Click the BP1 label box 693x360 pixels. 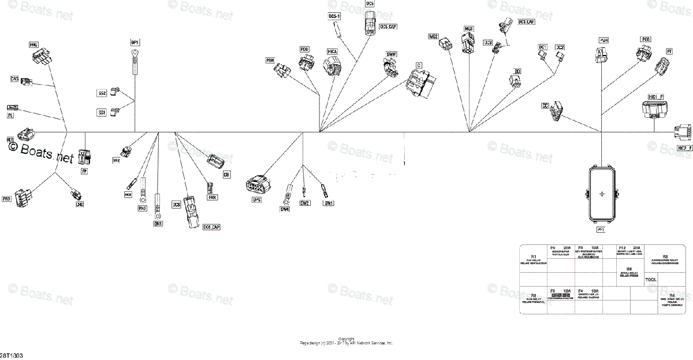(x=135, y=43)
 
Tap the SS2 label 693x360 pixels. (x=102, y=92)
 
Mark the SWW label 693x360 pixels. (x=391, y=54)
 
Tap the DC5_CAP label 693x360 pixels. (x=388, y=27)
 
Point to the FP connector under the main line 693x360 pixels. (x=85, y=156)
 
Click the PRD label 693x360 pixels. (x=7, y=199)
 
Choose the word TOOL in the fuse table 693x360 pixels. (x=651, y=280)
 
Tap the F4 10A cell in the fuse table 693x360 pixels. (x=588, y=293)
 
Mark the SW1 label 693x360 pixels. (x=329, y=203)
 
